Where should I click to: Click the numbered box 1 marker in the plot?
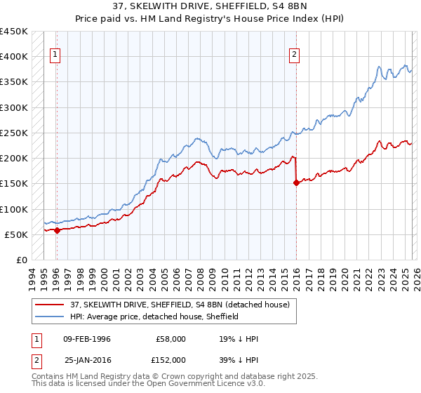click(x=55, y=55)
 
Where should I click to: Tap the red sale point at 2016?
click(x=296, y=182)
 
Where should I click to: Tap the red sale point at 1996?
click(x=57, y=230)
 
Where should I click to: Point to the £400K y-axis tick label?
click(x=14, y=57)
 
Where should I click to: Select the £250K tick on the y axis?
click(x=14, y=133)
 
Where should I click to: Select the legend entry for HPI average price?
click(x=154, y=317)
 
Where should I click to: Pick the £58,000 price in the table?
click(x=169, y=339)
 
